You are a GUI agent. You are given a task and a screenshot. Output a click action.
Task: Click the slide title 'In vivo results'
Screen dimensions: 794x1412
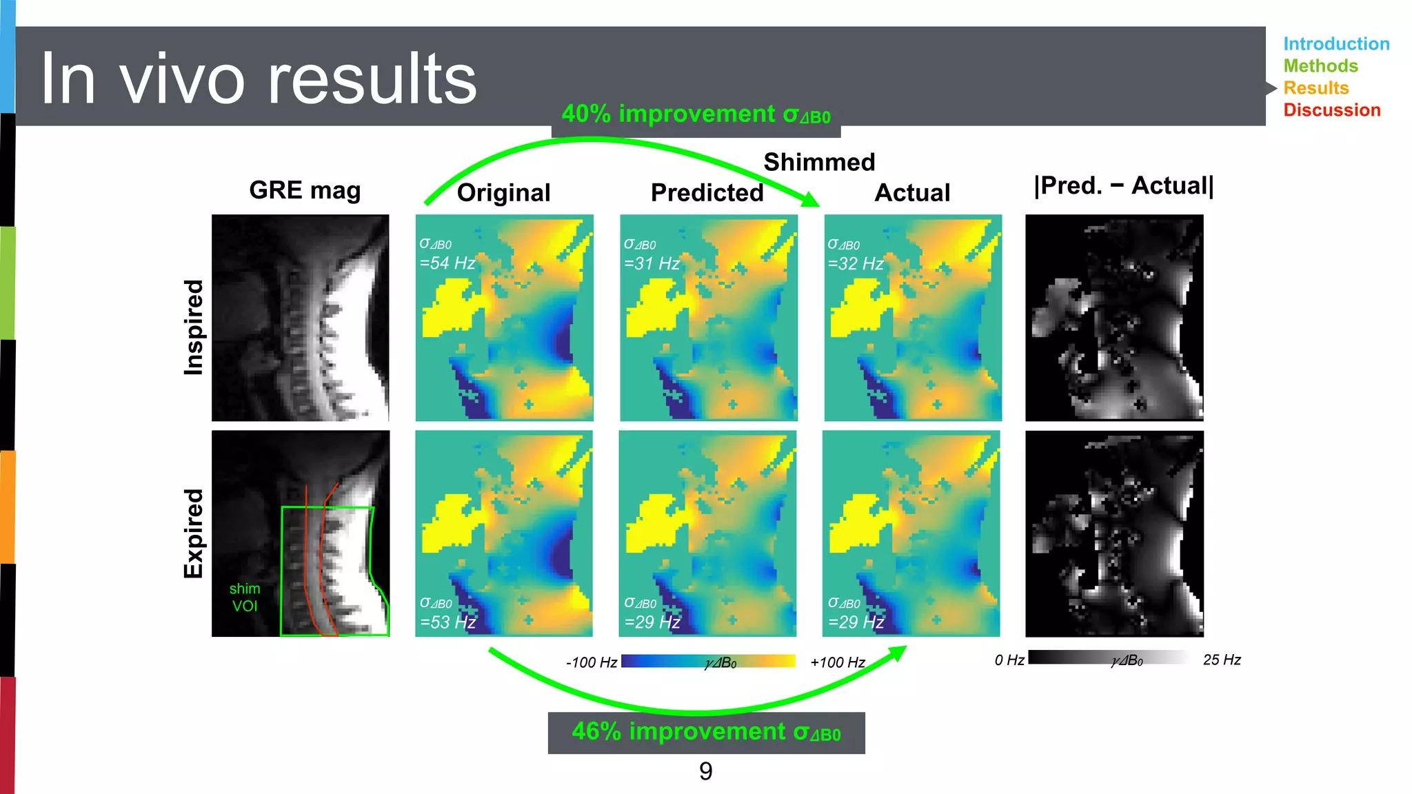pyautogui.click(x=258, y=79)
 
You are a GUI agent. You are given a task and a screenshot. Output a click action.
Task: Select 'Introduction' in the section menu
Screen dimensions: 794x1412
pyautogui.click(x=1335, y=44)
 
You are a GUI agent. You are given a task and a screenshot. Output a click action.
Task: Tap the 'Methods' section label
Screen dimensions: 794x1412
pyautogui.click(x=1320, y=66)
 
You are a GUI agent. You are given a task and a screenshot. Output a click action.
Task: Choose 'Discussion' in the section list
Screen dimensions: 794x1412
pyautogui.click(x=1331, y=110)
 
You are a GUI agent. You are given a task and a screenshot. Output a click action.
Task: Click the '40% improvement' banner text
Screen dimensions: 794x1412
pyautogui.click(x=696, y=114)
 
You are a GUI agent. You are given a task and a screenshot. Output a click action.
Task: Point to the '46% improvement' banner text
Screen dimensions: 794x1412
pyautogui.click(x=706, y=732)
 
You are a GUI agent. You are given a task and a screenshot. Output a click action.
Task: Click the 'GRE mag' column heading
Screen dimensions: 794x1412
pyautogui.click(x=305, y=190)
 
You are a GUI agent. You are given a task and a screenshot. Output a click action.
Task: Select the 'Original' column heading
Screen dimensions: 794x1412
pyautogui.click(x=503, y=193)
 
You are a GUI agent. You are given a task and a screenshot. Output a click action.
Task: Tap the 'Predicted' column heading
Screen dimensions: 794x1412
pyautogui.click(x=707, y=193)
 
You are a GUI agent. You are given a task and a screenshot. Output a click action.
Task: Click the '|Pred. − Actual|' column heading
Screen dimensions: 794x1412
pyautogui.click(x=1124, y=186)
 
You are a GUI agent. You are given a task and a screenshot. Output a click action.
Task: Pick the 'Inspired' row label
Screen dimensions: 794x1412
pyautogui.click(x=194, y=327)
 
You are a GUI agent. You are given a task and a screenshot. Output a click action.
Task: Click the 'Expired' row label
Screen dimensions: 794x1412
pyautogui.click(x=194, y=533)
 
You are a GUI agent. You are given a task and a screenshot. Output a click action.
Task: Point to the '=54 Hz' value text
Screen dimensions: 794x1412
pyautogui.click(x=447, y=263)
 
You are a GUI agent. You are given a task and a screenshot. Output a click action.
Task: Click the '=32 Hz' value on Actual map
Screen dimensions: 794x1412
pyautogui.click(x=856, y=264)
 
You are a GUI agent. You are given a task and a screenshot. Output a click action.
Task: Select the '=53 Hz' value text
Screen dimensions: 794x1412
pyautogui.click(x=448, y=622)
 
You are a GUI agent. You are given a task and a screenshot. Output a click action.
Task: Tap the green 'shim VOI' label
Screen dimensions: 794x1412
pyautogui.click(x=245, y=598)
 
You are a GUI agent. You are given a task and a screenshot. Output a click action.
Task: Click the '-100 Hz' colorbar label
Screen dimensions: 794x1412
pyautogui.click(x=591, y=663)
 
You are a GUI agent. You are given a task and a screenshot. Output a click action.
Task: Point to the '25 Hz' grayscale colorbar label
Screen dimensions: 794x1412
pyautogui.click(x=1221, y=660)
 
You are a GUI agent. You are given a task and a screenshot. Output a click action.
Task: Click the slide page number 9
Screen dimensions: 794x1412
pyautogui.click(x=705, y=771)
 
